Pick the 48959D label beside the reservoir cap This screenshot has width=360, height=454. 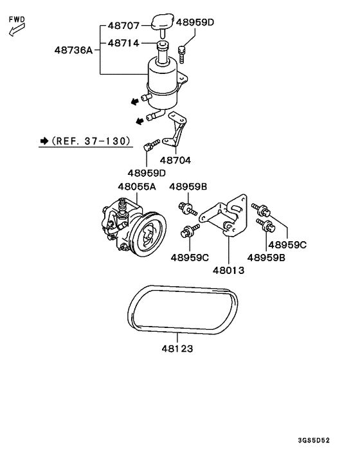(195, 23)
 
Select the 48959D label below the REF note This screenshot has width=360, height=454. (146, 173)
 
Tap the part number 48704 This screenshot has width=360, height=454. (175, 160)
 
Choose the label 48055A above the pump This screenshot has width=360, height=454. (136, 186)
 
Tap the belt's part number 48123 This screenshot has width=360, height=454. (177, 349)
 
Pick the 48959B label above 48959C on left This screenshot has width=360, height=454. (188, 186)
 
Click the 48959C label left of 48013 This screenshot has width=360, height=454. (190, 258)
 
